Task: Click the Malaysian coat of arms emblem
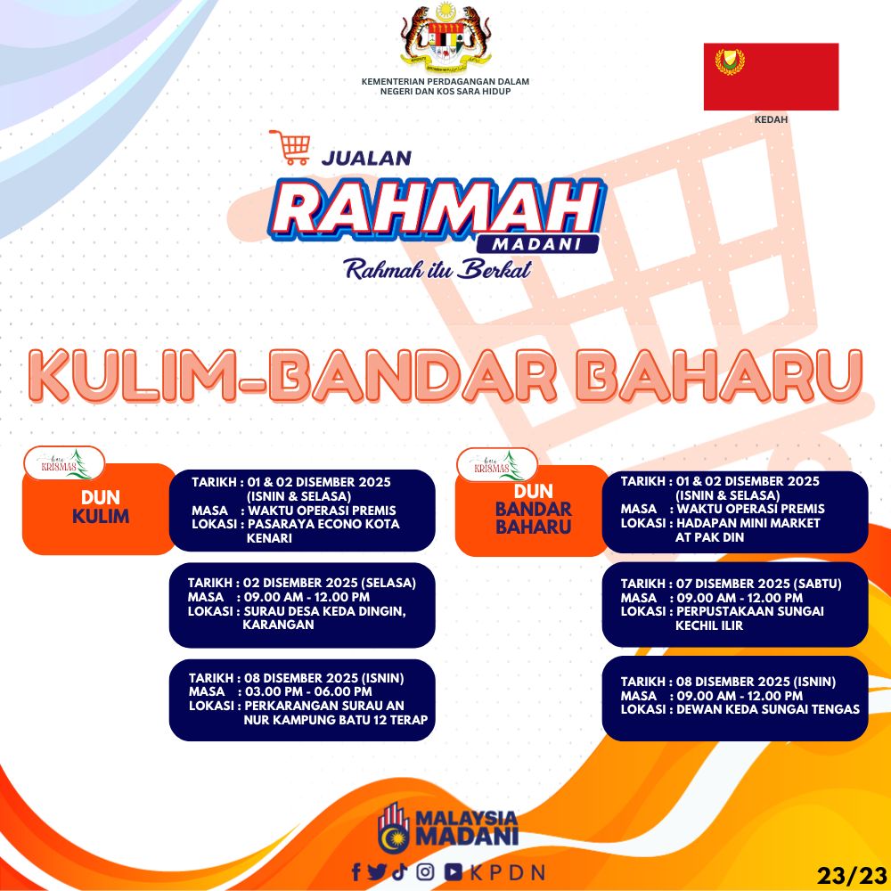445,36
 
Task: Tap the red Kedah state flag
771,77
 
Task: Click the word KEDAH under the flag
771,120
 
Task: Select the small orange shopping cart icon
290,147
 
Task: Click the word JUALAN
366,158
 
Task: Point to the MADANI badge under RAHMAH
537,244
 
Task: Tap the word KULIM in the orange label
101,517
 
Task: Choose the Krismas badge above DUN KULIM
64,463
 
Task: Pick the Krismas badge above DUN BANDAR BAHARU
497,464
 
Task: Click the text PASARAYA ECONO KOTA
323,524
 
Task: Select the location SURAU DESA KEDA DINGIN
324,611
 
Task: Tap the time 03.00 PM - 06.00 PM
308,691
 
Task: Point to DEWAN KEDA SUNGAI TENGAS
768,709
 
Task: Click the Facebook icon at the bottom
356,871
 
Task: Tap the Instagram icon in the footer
425,871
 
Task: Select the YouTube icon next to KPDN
453,871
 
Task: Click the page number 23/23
852,875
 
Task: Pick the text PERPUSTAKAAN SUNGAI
749,611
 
